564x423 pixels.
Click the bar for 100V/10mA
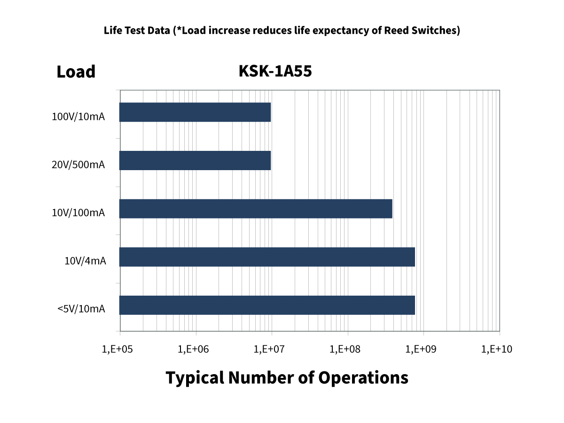pos(195,112)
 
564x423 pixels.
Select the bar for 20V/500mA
pos(195,160)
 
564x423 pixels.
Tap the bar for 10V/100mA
pos(256,209)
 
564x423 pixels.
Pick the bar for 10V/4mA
pos(267,257)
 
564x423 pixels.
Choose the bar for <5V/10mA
pos(267,305)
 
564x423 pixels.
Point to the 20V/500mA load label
pos(78,165)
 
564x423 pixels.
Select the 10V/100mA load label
pos(78,213)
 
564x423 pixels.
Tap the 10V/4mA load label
pos(85,261)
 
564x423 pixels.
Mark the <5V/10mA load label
pos(81,309)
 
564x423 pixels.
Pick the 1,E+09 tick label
pos(422,349)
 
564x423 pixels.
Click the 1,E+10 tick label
pos(498,349)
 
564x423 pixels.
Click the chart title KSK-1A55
pos(275,71)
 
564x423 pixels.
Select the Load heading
pos(76,72)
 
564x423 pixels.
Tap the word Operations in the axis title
pos(363,377)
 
